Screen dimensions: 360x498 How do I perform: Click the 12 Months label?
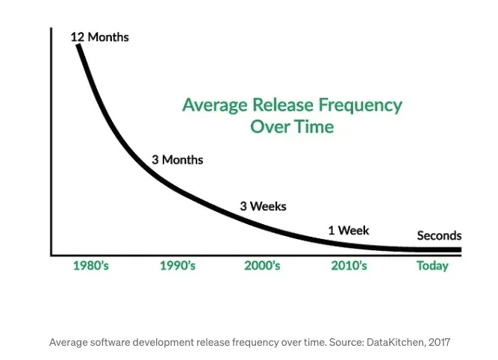[99, 37]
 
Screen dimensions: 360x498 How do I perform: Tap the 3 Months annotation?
[177, 160]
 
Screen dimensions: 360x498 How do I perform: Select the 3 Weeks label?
[263, 206]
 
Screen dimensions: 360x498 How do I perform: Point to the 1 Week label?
[349, 230]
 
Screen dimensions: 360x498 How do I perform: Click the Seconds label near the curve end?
[439, 235]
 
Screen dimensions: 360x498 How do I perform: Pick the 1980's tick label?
[91, 266]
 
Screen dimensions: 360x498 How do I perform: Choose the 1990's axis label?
[178, 266]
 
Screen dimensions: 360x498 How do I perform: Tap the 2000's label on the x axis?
[262, 266]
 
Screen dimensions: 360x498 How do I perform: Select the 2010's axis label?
[349, 266]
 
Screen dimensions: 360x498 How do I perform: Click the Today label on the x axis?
[432, 266]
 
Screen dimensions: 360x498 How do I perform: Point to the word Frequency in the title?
[361, 105]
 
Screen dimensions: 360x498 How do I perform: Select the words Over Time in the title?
[292, 127]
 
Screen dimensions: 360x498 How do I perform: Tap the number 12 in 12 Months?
[77, 37]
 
